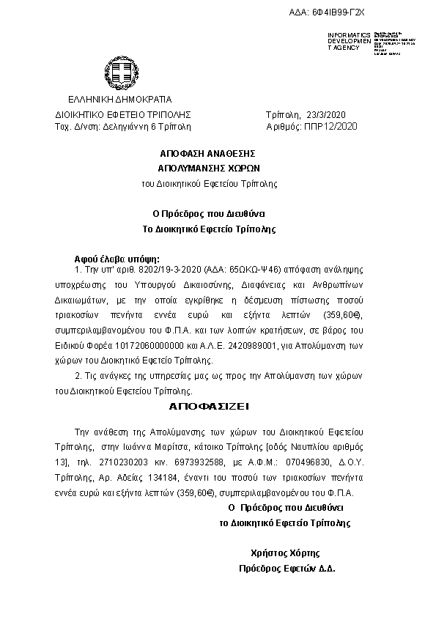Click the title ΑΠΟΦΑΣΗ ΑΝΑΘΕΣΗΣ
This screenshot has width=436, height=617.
207,153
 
